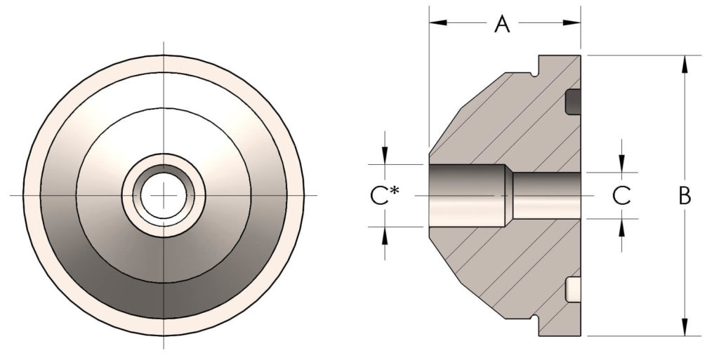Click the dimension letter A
coord(501,25)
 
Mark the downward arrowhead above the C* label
coord(384,158)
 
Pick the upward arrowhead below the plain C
coord(622,225)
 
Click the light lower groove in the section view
coord(573,288)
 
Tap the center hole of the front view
coord(163,194)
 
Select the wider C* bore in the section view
coord(463,195)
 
